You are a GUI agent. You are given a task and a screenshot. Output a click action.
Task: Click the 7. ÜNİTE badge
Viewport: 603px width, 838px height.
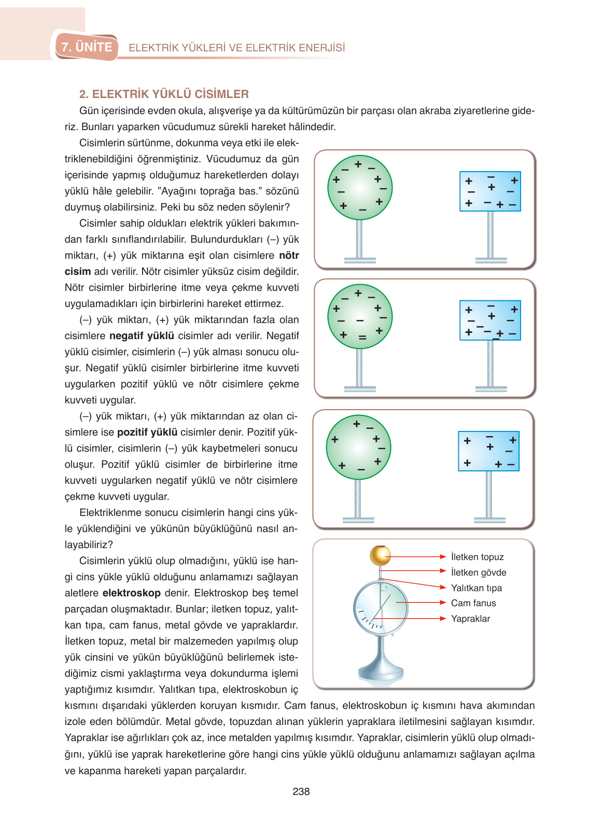87,47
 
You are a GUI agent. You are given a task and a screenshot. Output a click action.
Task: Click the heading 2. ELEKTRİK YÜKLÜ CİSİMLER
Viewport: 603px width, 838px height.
164,94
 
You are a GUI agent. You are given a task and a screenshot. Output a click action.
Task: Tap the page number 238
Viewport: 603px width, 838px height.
301,791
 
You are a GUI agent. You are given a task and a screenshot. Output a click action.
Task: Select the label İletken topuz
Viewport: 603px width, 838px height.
477,557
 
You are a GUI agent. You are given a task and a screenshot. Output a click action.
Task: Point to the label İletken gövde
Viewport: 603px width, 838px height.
478,572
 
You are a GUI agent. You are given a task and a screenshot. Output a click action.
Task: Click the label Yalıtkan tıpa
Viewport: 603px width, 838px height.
476,588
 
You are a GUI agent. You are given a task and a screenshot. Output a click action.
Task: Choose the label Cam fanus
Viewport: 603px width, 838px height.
473,603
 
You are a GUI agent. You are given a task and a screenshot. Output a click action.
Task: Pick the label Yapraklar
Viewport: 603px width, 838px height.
470,619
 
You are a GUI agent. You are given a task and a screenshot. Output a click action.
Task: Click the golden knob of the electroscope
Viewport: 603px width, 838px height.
380,555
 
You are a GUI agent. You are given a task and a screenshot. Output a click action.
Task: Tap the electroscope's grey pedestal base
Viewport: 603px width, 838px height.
381,672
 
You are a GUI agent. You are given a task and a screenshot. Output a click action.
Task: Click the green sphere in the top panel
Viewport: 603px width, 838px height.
360,188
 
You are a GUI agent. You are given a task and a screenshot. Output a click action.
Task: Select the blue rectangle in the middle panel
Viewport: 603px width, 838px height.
490,320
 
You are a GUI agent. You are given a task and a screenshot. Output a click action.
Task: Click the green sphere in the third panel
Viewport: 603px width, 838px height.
358,447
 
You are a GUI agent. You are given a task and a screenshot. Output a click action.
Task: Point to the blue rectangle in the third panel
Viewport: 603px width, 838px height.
488,451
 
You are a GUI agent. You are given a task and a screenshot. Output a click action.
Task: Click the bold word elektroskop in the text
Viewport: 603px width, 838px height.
132,593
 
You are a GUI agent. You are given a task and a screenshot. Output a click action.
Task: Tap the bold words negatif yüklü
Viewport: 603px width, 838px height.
142,336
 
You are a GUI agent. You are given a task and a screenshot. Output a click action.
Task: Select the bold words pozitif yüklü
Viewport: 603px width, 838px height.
147,432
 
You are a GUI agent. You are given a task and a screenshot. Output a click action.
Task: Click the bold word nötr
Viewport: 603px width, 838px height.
289,255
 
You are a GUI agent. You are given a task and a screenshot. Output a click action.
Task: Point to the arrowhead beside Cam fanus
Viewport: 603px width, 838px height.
443,603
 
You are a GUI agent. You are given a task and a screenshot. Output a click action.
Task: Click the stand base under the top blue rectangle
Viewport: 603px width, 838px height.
490,260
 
